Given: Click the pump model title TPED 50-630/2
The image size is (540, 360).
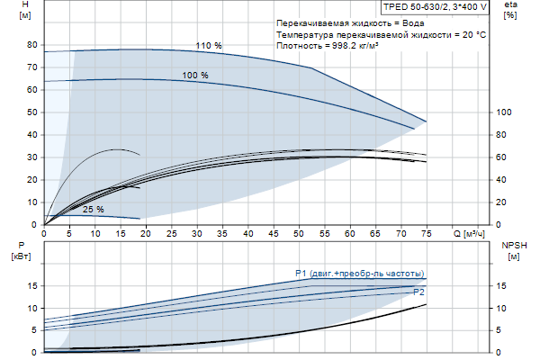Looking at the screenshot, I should pos(436,6).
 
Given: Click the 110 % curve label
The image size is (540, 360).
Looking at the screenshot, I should pos(210,45).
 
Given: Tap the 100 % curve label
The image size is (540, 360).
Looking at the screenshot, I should pos(195,76).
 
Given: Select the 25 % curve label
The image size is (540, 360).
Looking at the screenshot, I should pos(93,210).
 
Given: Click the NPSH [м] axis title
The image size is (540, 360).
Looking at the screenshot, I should pos(512,251).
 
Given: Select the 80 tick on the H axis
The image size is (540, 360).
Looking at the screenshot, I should pos(32,45).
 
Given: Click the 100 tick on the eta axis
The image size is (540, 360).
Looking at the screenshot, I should pos(504,112).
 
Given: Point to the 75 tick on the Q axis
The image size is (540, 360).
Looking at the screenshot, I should pos(427,234).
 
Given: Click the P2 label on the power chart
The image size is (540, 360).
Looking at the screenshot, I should pos(418,292).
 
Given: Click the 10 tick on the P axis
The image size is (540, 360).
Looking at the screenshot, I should pos(32,308).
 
